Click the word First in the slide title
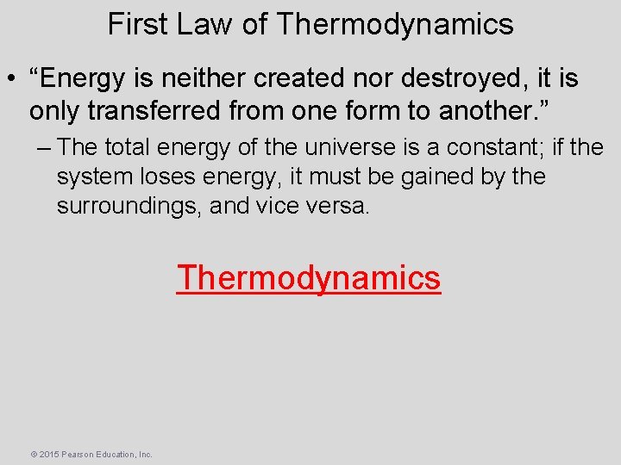click(136, 24)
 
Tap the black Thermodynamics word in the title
click(394, 24)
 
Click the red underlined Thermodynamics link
click(309, 278)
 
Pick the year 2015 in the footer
click(48, 454)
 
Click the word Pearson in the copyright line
click(76, 454)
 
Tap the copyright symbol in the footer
click(33, 454)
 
